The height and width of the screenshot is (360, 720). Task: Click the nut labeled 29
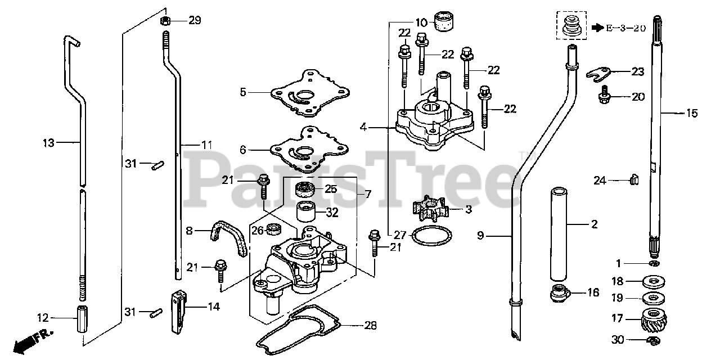point(166,21)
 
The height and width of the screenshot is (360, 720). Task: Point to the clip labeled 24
point(634,179)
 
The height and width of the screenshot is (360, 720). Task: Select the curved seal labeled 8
point(228,236)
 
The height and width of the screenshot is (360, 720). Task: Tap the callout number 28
point(370,325)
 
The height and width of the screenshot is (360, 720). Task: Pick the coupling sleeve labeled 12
point(82,319)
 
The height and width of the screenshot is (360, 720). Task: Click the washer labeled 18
point(652,281)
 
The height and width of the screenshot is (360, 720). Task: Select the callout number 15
point(691,114)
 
